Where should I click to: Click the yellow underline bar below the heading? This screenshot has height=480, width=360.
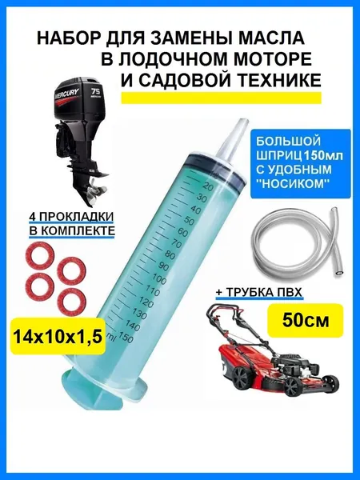coord(222,98)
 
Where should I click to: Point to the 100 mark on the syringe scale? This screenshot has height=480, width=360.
coord(159,279)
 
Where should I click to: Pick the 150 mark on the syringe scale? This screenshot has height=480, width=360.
coord(126,338)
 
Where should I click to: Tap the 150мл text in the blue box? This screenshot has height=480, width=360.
coord(322,155)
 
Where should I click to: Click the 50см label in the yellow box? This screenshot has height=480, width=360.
coord(306,320)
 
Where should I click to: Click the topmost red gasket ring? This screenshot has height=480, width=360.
coord(41,255)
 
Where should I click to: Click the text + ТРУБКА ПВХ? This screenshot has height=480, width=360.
coord(259,292)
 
